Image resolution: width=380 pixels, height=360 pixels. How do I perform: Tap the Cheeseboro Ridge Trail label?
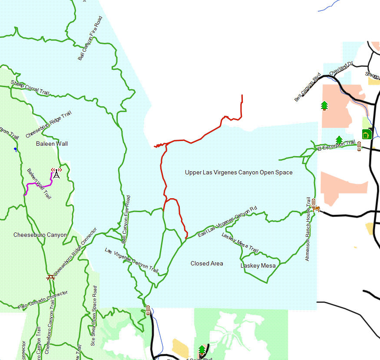[48, 124]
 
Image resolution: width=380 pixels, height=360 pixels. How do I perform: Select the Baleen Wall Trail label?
[39, 183]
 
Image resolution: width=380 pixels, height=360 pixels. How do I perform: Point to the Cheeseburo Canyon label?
[40, 235]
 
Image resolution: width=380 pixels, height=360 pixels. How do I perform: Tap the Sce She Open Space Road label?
[94, 315]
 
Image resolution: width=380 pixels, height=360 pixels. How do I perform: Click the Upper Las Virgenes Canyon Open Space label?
[238, 172]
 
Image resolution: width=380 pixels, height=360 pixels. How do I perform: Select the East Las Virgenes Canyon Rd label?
[227, 221]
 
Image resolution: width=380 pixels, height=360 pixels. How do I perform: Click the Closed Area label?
[207, 263]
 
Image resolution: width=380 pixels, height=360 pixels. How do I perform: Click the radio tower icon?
[56, 173]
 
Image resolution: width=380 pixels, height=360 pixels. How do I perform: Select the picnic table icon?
[50, 277]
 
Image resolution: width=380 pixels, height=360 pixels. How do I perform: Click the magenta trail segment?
[38, 185]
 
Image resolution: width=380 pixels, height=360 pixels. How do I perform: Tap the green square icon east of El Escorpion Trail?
[366, 134]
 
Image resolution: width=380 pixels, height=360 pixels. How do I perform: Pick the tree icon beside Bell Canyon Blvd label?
[324, 105]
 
